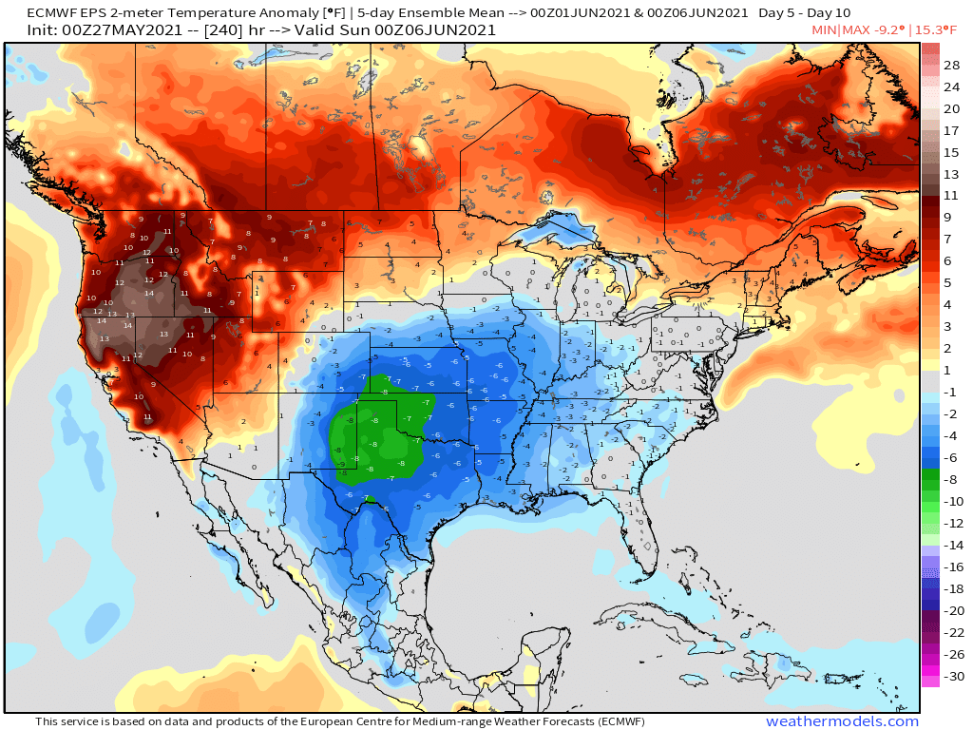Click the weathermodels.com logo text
pos(842,721)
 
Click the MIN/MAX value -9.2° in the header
pos(883,30)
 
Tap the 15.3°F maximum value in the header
pos(937,30)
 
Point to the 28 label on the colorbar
pos(952,65)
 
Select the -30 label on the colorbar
pos(952,678)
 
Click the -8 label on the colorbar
pos(952,480)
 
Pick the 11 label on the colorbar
pos(952,195)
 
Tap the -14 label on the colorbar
pos(952,546)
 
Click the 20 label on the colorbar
pos(952,108)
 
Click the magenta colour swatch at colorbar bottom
pos(930,678)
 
